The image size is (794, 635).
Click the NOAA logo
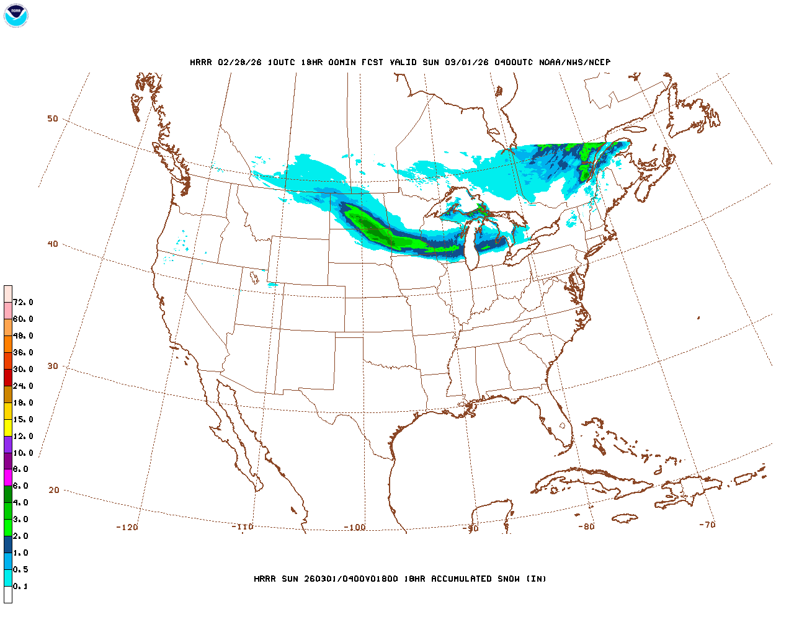pyautogui.click(x=16, y=16)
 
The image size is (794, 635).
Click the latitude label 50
pyautogui.click(x=53, y=118)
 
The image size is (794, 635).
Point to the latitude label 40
pyautogui.click(x=53, y=244)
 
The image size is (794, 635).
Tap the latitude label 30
pyautogui.click(x=53, y=366)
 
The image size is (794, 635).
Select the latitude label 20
pyautogui.click(x=54, y=490)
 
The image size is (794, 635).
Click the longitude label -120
pyautogui.click(x=127, y=527)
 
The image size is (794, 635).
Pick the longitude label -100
pyautogui.click(x=355, y=527)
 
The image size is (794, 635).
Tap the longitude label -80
pyautogui.click(x=586, y=526)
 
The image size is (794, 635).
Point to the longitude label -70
pyautogui.click(x=707, y=525)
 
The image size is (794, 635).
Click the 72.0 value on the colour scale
pyautogui.click(x=23, y=303)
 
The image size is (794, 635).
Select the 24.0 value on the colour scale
pyautogui.click(x=23, y=386)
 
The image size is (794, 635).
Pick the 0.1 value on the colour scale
pyautogui.click(x=20, y=587)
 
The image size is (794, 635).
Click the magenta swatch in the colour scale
pyautogui.click(x=8, y=477)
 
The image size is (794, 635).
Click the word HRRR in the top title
pyautogui.click(x=201, y=63)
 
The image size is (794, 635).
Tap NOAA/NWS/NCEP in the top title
pyautogui.click(x=574, y=63)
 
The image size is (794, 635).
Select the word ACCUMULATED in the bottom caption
pyautogui.click(x=462, y=579)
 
